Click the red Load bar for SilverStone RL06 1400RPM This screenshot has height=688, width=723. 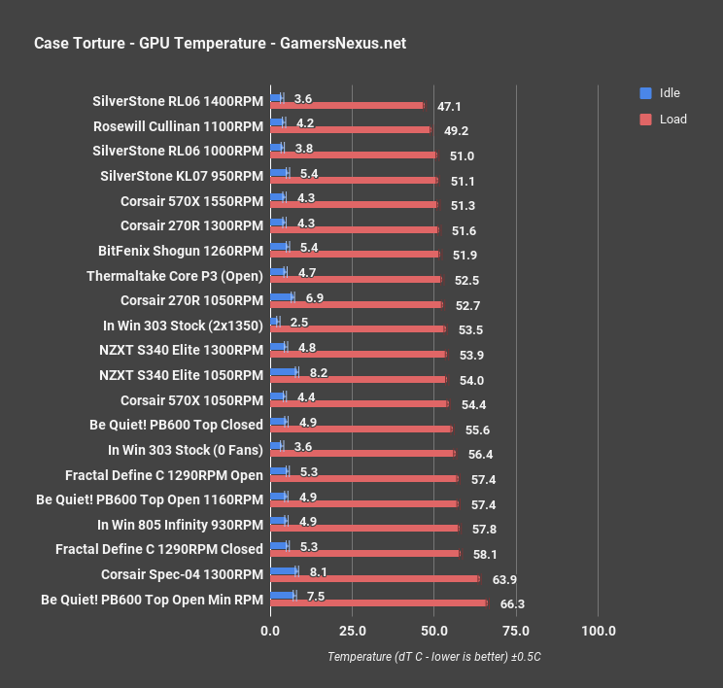[347, 105]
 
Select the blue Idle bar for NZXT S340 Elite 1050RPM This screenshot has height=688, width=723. [284, 371]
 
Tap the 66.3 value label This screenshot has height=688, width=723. [512, 604]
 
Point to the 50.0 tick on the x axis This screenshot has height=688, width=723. [434, 631]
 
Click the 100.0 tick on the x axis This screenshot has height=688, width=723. [598, 631]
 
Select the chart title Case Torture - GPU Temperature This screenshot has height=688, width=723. [220, 43]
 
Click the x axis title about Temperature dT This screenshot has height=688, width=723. [433, 657]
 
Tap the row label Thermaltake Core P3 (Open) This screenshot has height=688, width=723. [174, 276]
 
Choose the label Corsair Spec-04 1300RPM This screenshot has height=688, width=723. [182, 574]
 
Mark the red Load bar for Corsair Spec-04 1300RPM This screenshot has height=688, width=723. [374, 579]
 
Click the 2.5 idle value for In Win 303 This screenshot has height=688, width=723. [298, 322]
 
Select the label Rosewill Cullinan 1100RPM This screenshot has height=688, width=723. [178, 126]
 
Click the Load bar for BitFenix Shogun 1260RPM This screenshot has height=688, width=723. [355, 254]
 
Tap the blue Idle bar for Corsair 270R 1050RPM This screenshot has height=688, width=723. [282, 296]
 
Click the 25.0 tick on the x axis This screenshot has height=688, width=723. [352, 631]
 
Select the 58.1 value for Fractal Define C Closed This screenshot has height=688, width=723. [485, 555]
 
